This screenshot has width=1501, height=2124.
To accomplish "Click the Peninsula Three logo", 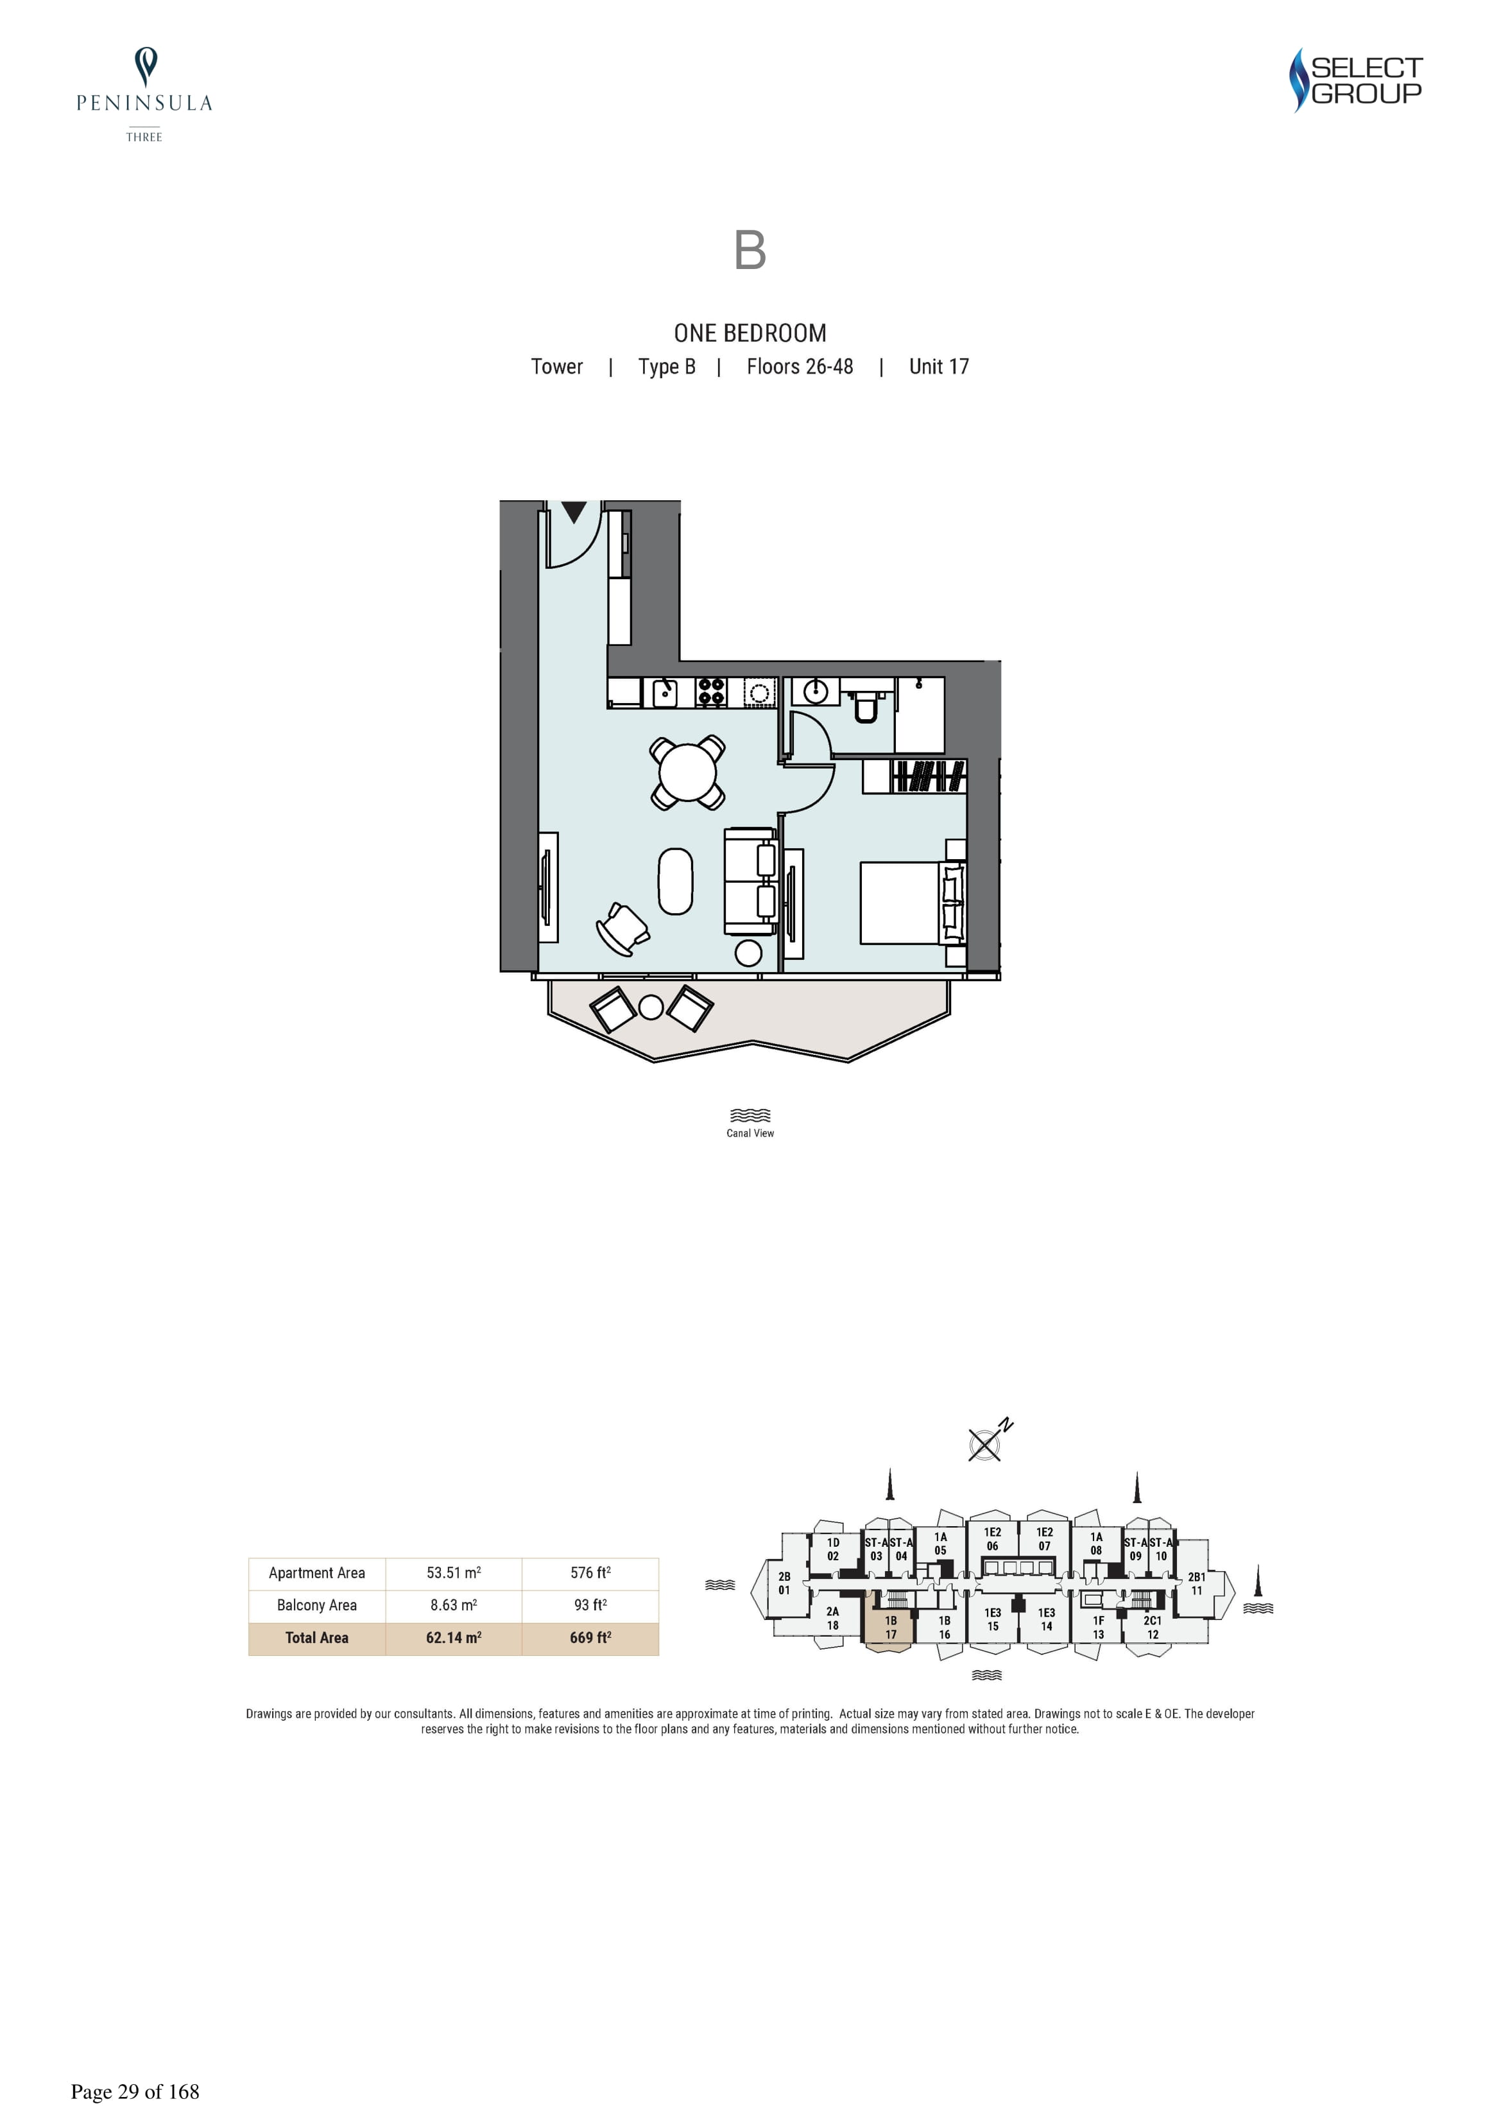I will pyautogui.click(x=144, y=94).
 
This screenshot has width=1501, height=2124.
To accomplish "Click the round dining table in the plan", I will pyautogui.click(x=687, y=772).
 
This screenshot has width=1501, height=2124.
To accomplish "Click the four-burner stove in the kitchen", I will pyautogui.click(x=710, y=692).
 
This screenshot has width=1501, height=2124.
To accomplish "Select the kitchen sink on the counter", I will pyautogui.click(x=665, y=692).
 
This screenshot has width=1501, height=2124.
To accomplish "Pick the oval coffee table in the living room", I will pyautogui.click(x=675, y=882).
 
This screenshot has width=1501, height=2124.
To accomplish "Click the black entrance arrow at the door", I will pyautogui.click(x=574, y=512).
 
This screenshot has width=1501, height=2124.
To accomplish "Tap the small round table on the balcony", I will pyautogui.click(x=651, y=1007).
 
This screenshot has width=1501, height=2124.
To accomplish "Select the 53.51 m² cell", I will pyautogui.click(x=453, y=1572).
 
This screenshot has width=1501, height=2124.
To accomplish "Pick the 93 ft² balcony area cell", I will pyautogui.click(x=590, y=1605).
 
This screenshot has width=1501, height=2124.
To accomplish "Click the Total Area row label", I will pyautogui.click(x=316, y=1637).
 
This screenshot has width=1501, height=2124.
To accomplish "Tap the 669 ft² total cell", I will pyautogui.click(x=590, y=1637).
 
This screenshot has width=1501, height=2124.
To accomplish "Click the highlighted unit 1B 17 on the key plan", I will pyautogui.click(x=889, y=1627).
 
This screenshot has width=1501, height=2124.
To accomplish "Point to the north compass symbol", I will pyautogui.click(x=986, y=1443).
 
